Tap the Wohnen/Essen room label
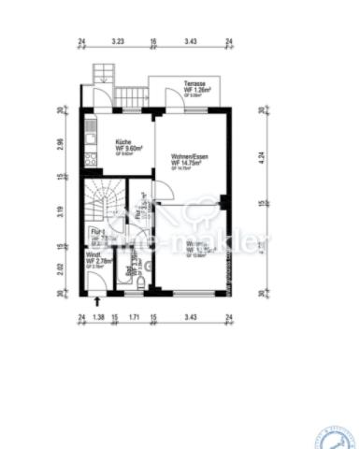190,156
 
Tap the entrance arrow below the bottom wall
99,301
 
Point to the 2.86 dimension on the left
60,144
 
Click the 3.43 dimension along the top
191,42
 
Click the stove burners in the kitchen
92,158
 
